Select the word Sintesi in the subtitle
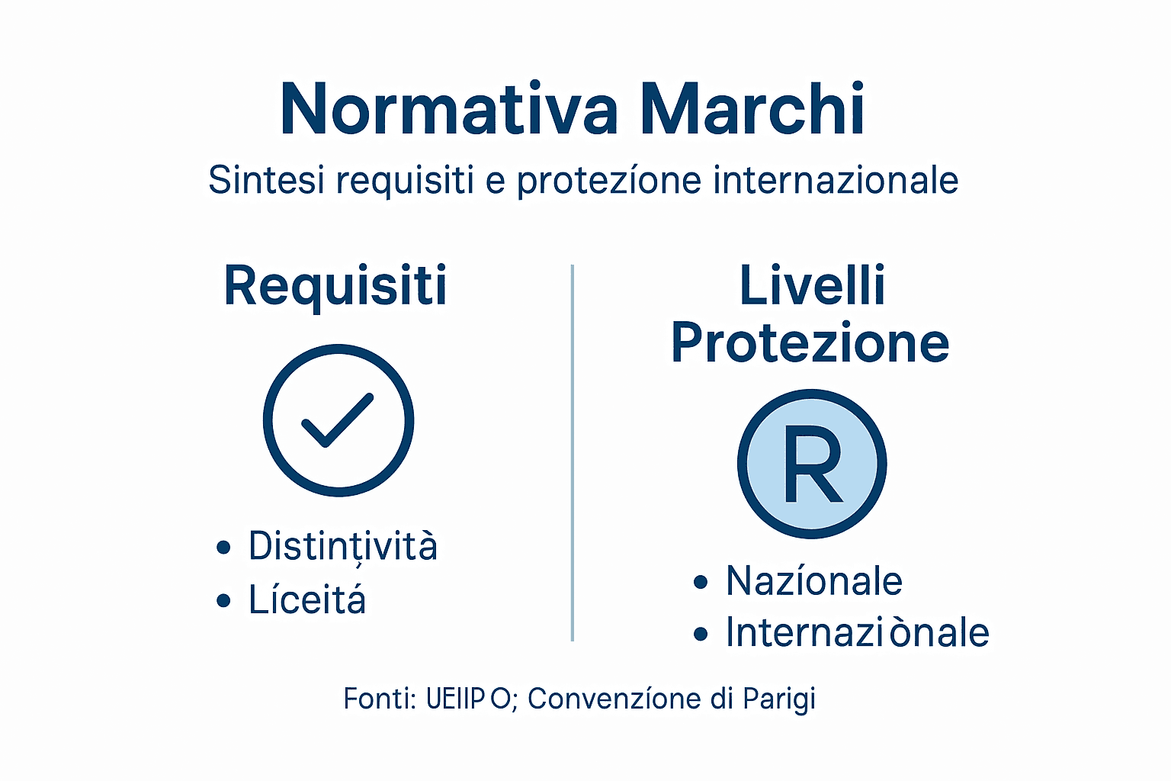266,181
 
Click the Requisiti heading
335,286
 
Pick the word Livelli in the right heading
812,286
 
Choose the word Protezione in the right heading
810,343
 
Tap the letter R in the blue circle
813,465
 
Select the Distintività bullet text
343,546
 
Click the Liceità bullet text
307,600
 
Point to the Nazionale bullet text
814,582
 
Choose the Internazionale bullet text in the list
857,633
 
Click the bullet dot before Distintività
223,548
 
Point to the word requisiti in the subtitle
405,181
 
